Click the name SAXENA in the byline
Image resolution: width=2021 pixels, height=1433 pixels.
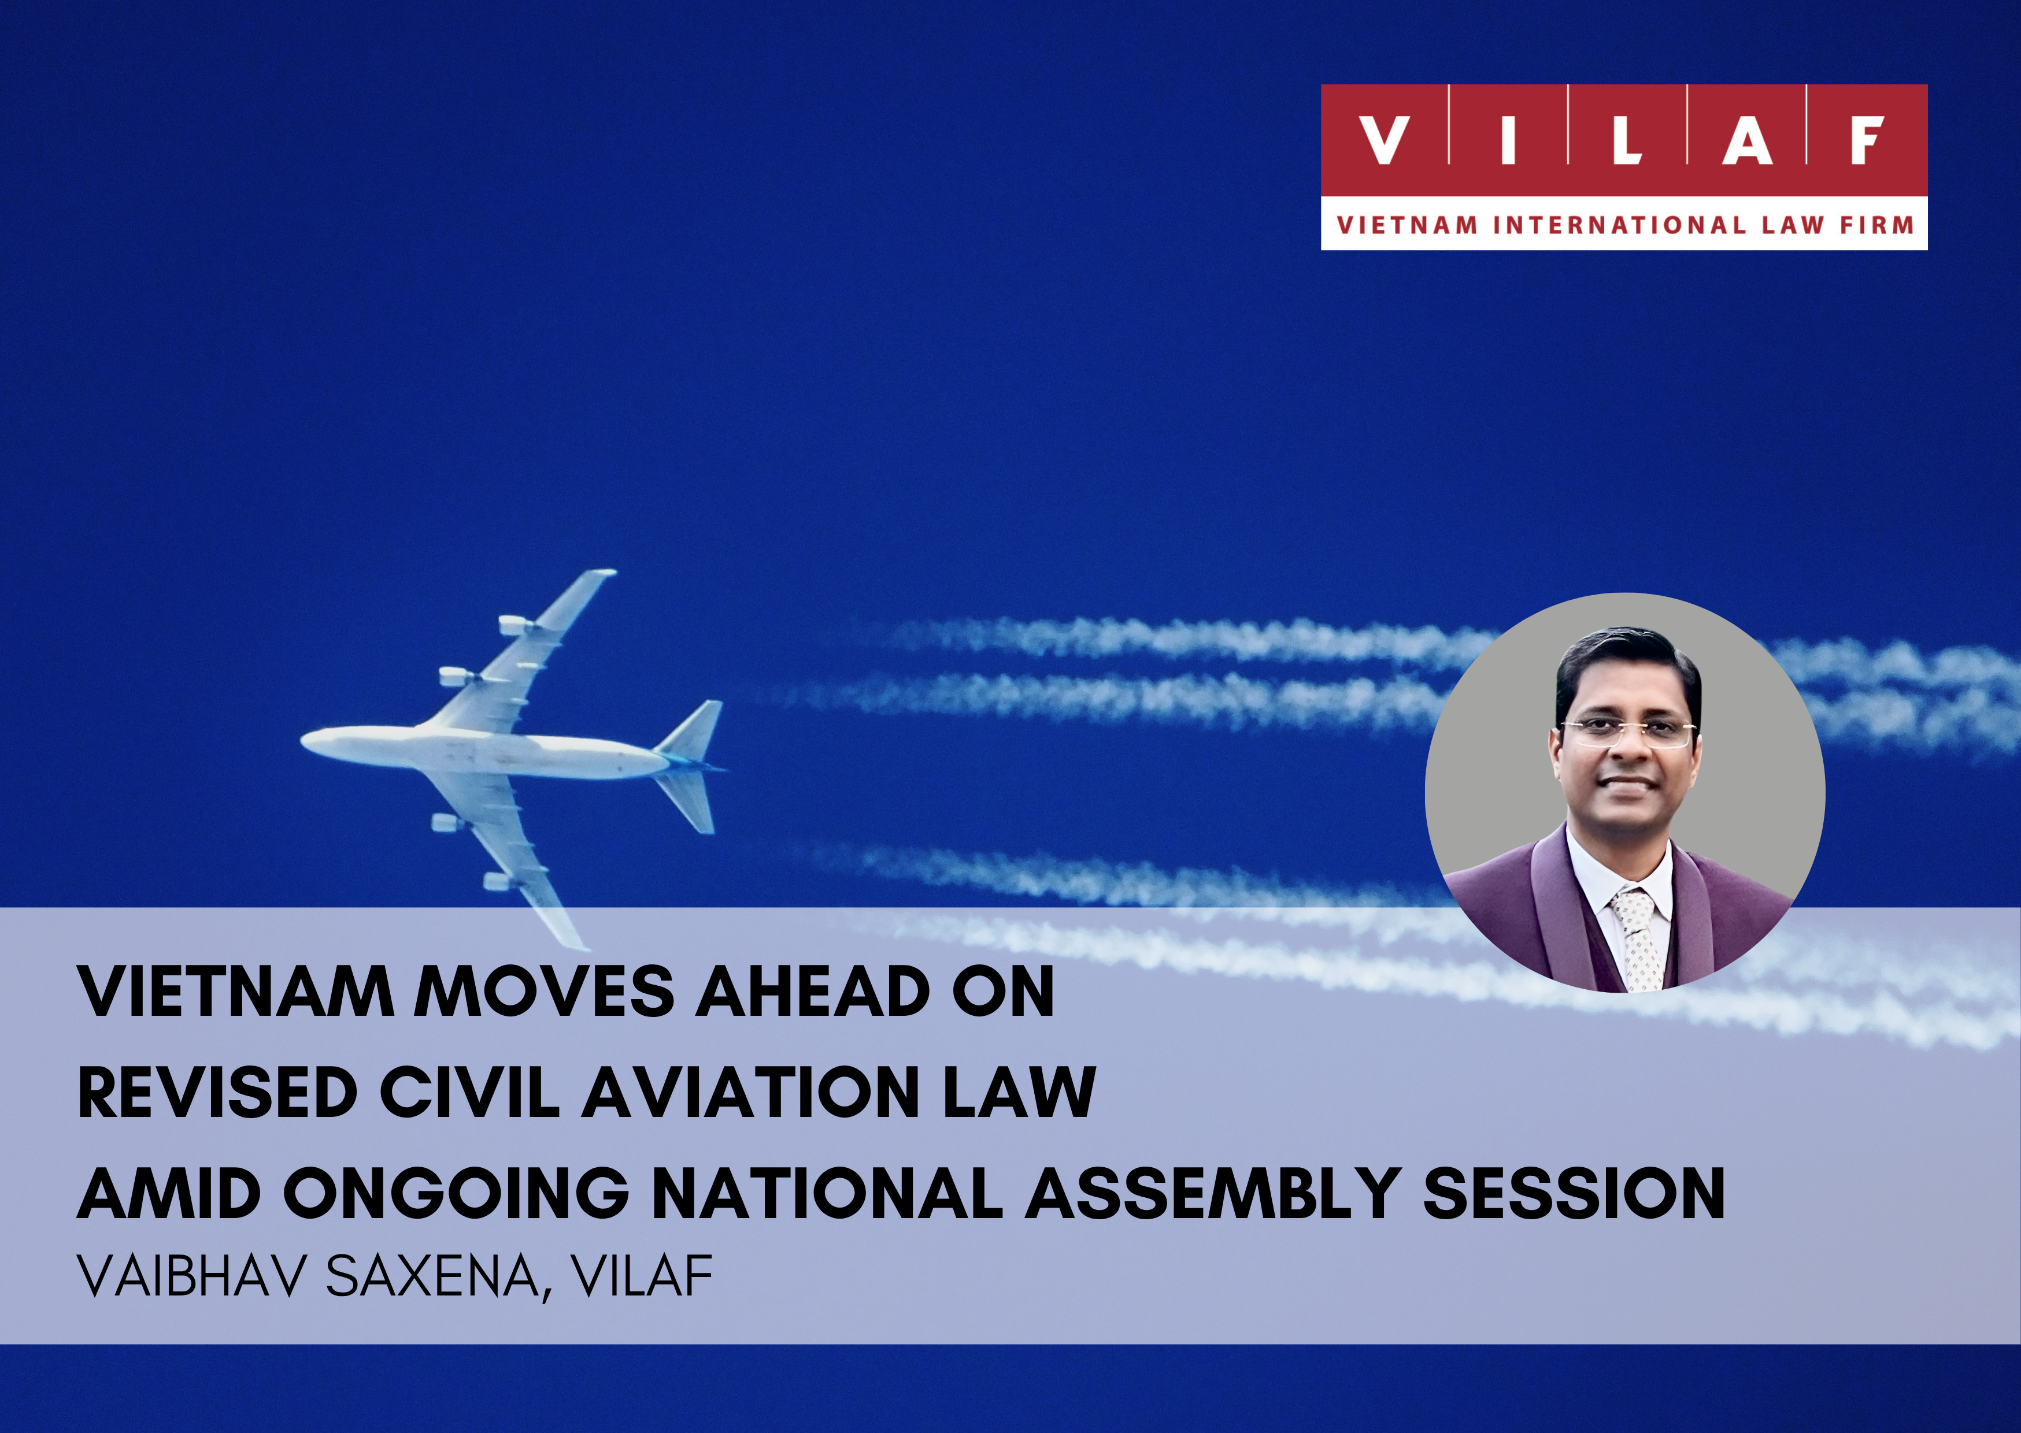click(x=434, y=1277)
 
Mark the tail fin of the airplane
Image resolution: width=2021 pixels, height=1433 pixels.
click(x=697, y=730)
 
